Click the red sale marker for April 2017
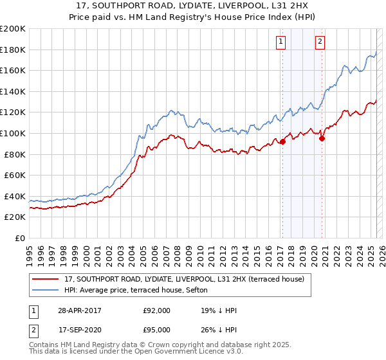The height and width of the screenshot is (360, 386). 282,142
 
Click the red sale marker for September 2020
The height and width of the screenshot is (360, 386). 322,138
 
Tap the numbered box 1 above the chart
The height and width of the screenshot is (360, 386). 281,42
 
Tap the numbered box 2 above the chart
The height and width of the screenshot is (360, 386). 320,42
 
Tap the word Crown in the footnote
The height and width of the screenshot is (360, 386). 166,345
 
